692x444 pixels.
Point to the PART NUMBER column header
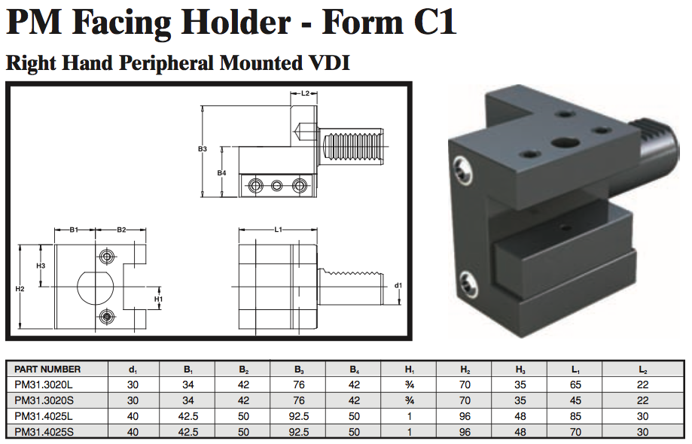(47, 369)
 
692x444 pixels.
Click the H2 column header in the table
(465, 369)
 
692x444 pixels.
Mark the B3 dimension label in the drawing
(202, 149)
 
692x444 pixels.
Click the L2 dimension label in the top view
(306, 94)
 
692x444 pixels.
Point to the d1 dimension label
(398, 286)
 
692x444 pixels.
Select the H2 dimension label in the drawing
(20, 289)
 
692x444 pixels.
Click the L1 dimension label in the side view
(278, 229)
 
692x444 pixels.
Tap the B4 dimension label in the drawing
(221, 173)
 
